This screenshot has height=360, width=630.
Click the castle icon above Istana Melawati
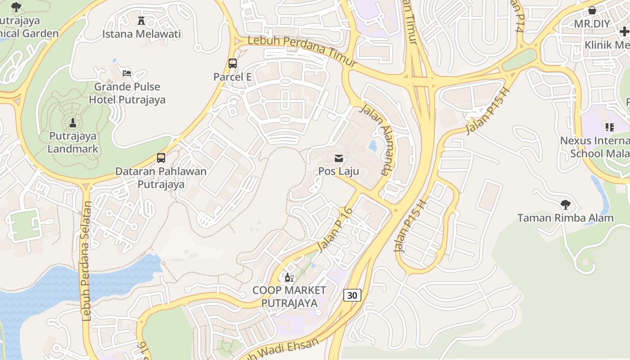click(x=141, y=21)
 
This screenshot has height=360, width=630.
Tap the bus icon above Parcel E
click(x=233, y=63)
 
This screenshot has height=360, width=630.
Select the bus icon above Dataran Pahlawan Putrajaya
click(x=161, y=158)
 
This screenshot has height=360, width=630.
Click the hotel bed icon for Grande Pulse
click(x=127, y=73)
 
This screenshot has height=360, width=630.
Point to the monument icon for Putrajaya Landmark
click(x=73, y=122)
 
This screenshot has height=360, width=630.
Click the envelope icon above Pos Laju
click(x=338, y=158)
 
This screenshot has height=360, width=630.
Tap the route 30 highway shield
click(x=352, y=295)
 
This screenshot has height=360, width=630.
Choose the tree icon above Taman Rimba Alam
click(x=566, y=205)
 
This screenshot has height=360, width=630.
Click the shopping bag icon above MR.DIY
click(x=592, y=10)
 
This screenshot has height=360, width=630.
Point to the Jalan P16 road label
click(x=335, y=229)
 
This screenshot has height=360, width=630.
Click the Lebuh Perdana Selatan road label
click(x=86, y=261)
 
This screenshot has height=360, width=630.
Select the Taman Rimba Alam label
click(x=565, y=218)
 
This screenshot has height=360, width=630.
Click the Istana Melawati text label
click(x=141, y=34)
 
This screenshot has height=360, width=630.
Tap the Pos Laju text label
click(x=338, y=171)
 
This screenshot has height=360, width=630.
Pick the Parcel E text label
click(x=233, y=77)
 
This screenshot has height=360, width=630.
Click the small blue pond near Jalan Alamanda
click(x=373, y=146)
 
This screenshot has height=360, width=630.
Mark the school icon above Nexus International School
click(x=609, y=127)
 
